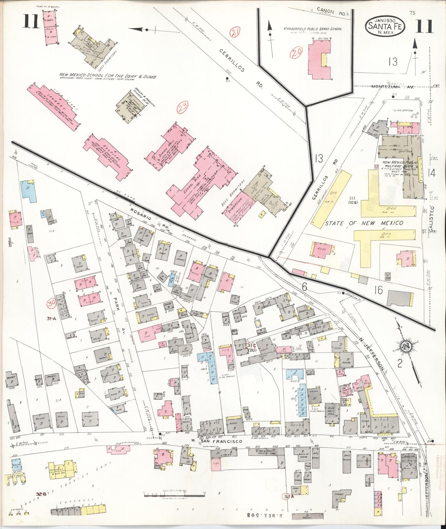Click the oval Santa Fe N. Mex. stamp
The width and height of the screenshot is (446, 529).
[x=384, y=26]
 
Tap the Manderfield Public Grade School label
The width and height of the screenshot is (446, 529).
[x=313, y=29]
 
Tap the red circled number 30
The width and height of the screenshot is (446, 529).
[x=51, y=304]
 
